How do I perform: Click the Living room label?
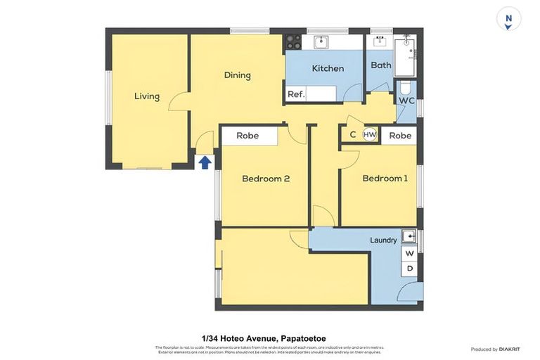147,96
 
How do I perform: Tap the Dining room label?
238,75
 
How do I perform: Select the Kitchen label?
328,68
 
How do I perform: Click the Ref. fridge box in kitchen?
296,94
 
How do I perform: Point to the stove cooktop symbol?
293,41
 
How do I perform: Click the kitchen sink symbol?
323,41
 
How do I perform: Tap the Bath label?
381,65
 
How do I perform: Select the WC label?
406,101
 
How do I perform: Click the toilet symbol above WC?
405,88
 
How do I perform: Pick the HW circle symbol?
370,135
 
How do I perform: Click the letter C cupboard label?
353,135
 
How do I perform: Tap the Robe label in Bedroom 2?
247,136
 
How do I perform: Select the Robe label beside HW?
400,136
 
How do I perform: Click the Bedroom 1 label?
385,179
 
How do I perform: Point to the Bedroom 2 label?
266,179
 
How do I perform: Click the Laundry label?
383,240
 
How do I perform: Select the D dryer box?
410,269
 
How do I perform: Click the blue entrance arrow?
205,163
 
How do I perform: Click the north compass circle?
508,19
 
